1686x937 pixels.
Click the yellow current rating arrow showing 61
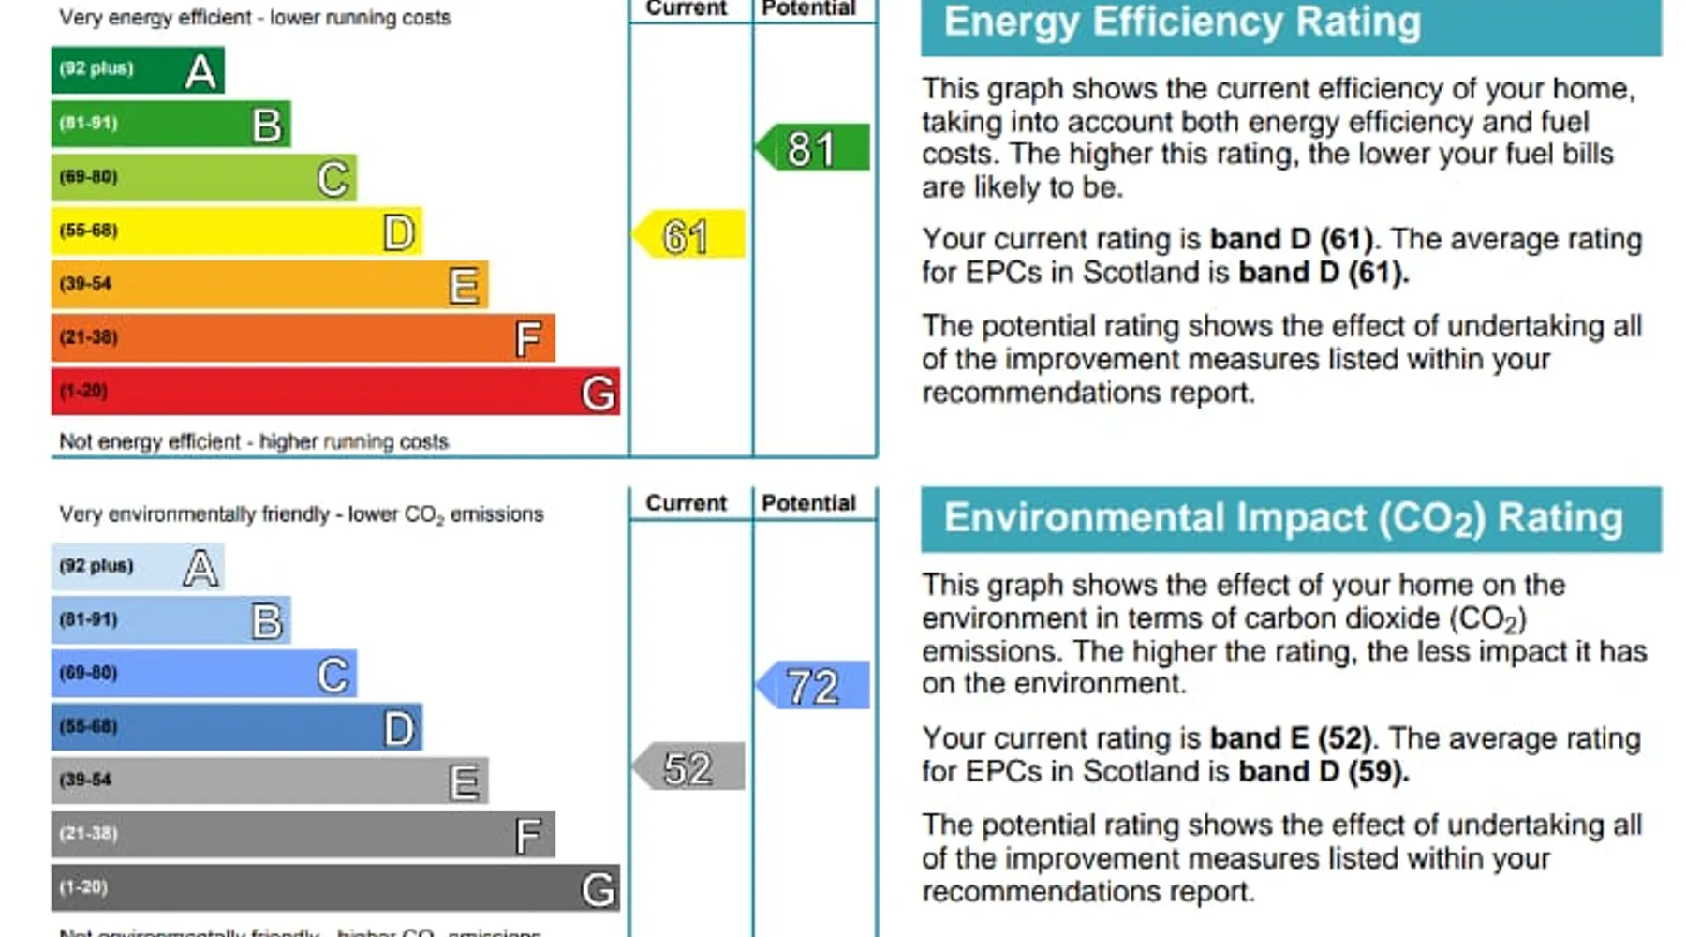pyautogui.click(x=689, y=234)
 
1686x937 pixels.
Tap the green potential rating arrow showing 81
pyautogui.click(x=812, y=148)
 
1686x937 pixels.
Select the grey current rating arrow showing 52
pyautogui.click(x=689, y=767)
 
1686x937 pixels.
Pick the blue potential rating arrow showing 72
pyautogui.click(x=812, y=685)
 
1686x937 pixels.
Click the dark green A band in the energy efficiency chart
pyautogui.click(x=137, y=69)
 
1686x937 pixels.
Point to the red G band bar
pyautogui.click(x=334, y=392)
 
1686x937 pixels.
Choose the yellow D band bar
pyautogui.click(x=236, y=231)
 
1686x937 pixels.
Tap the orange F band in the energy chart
pyautogui.click(x=302, y=338)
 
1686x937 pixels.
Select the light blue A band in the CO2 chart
pyautogui.click(x=137, y=567)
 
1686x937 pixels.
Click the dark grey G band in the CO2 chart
pyautogui.click(x=334, y=887)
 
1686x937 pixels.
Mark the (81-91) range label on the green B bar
pyautogui.click(x=89, y=124)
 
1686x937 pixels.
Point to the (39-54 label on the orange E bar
pyautogui.click(x=85, y=284)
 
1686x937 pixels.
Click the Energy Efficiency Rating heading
pyautogui.click(x=1181, y=22)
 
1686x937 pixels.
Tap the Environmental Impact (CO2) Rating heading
pyautogui.click(x=1282, y=518)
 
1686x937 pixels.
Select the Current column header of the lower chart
pyautogui.click(x=687, y=503)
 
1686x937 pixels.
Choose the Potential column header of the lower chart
pyautogui.click(x=808, y=503)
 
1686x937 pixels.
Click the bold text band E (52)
pyautogui.click(x=1291, y=738)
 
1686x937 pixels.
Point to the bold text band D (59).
pyautogui.click(x=1324, y=772)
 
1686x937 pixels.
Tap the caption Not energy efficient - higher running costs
pyautogui.click(x=254, y=441)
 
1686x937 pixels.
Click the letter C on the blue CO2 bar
pyautogui.click(x=333, y=675)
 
